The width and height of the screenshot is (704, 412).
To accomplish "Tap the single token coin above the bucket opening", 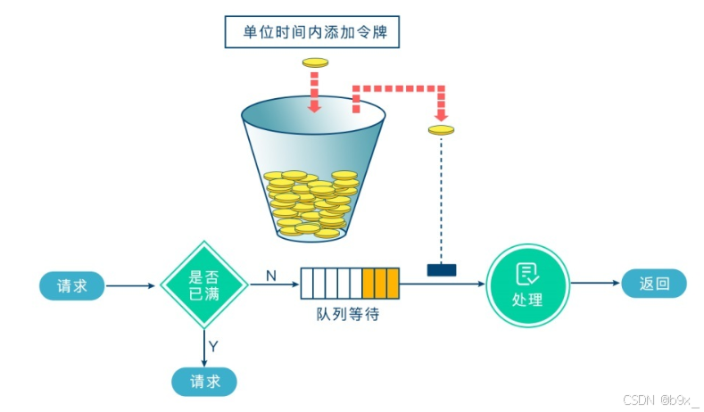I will click(x=316, y=62).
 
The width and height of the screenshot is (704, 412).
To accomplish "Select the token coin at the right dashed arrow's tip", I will click(x=441, y=130).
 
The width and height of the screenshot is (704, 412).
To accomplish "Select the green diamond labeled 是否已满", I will click(x=204, y=284).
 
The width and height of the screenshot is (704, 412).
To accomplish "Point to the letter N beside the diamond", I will click(x=269, y=276).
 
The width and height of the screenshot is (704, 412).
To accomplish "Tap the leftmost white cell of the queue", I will click(x=307, y=284).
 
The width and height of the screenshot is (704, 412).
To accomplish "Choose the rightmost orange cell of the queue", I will click(x=392, y=284).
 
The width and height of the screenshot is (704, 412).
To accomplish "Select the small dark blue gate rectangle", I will click(x=441, y=269).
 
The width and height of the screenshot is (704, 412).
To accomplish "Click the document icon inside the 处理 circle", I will click(x=527, y=274).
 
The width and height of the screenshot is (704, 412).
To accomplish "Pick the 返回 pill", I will click(x=653, y=284).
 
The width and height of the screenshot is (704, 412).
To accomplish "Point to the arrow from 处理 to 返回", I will click(x=594, y=284).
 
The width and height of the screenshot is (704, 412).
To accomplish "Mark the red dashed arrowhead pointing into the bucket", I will click(x=314, y=107).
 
